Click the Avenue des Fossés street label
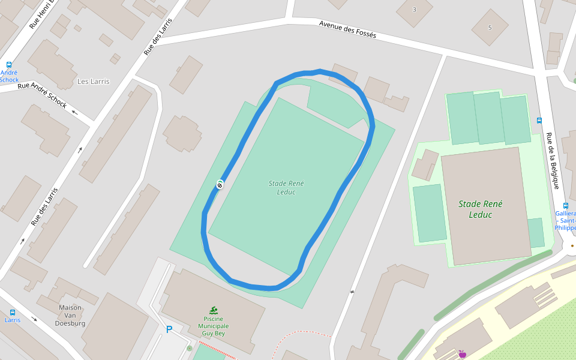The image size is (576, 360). pyautogui.click(x=347, y=29)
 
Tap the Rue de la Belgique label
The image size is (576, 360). pyautogui.click(x=553, y=160)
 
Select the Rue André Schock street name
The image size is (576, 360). pyautogui.click(x=42, y=94)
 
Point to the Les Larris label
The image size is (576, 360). pyautogui.click(x=94, y=82)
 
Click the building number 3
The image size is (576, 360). pyautogui.click(x=414, y=10)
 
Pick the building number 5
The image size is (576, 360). pyautogui.click(x=490, y=28)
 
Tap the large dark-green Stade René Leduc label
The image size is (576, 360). pyautogui.click(x=480, y=209)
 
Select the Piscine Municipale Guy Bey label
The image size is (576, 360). pyautogui.click(x=214, y=326)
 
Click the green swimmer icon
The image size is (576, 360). pyautogui.click(x=214, y=310)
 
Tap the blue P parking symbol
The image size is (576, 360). pyautogui.click(x=169, y=329)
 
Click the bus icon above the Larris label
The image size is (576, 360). pyautogui.click(x=13, y=312)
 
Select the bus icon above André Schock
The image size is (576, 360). pyautogui.click(x=9, y=65)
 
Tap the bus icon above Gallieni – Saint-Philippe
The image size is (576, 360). pyautogui.click(x=566, y=205)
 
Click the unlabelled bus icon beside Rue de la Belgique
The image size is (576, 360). pyautogui.click(x=539, y=120)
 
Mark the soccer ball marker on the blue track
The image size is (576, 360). pyautogui.click(x=220, y=185)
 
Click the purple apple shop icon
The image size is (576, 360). pyautogui.click(x=462, y=354)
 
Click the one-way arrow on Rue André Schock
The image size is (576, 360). pyautogui.click(x=75, y=112)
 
